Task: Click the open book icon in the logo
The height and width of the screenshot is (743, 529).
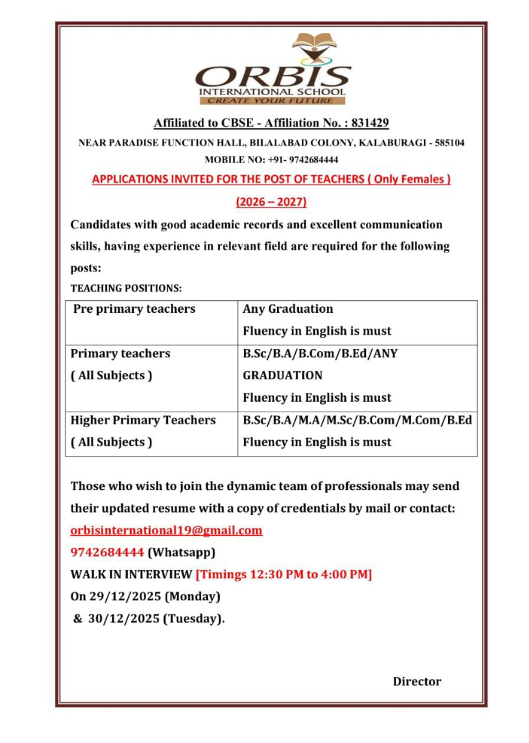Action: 314,40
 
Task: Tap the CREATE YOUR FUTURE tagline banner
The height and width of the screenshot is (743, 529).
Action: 271,101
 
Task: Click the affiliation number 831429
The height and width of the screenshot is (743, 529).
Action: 370,123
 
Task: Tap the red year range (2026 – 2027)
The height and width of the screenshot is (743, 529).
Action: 271,202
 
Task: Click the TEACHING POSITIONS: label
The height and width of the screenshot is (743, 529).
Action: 126,288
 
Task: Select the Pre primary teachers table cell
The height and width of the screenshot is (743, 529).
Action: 134,309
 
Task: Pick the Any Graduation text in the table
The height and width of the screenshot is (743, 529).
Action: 288,309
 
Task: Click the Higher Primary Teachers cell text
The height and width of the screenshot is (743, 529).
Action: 143,420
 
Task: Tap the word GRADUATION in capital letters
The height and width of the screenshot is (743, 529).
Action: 283,375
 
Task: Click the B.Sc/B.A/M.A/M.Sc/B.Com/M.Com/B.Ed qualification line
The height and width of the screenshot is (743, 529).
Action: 357,420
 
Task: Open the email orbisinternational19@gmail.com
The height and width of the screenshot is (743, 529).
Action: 166,530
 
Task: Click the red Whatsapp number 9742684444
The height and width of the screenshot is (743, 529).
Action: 107,552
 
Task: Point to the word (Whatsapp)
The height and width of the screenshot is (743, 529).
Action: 181,552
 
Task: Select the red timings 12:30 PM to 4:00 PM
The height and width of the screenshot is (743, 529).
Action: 284,574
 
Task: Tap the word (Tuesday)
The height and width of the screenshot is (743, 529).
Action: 194,619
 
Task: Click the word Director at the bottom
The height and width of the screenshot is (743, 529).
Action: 417,681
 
